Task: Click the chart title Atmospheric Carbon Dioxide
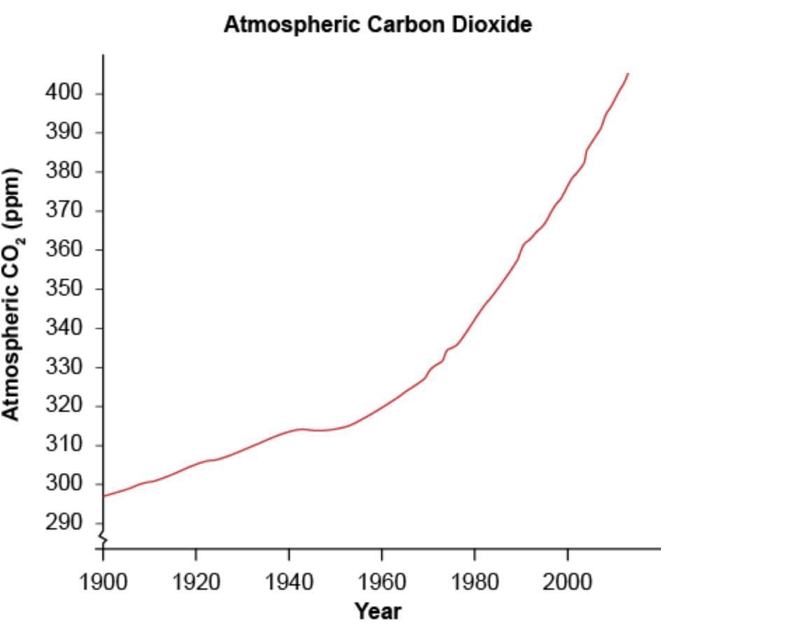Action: [x=377, y=25]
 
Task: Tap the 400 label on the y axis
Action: [x=64, y=92]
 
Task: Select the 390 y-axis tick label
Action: [x=64, y=132]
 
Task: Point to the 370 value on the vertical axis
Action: [x=64, y=210]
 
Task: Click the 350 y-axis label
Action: [x=64, y=289]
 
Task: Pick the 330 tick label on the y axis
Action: [x=64, y=366]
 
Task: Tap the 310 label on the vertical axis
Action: [x=64, y=445]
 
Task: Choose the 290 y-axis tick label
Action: [x=64, y=523]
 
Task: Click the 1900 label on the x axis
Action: [x=104, y=581]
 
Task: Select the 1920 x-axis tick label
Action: [x=196, y=581]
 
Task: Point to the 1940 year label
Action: [x=289, y=581]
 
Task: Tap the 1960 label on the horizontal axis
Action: [x=382, y=581]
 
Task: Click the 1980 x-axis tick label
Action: [x=475, y=581]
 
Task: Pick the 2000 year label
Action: [x=567, y=581]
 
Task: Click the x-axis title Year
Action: [x=377, y=611]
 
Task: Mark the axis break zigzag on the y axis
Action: [x=103, y=539]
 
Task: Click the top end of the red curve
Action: [x=628, y=74]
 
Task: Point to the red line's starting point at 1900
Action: [x=104, y=496]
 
